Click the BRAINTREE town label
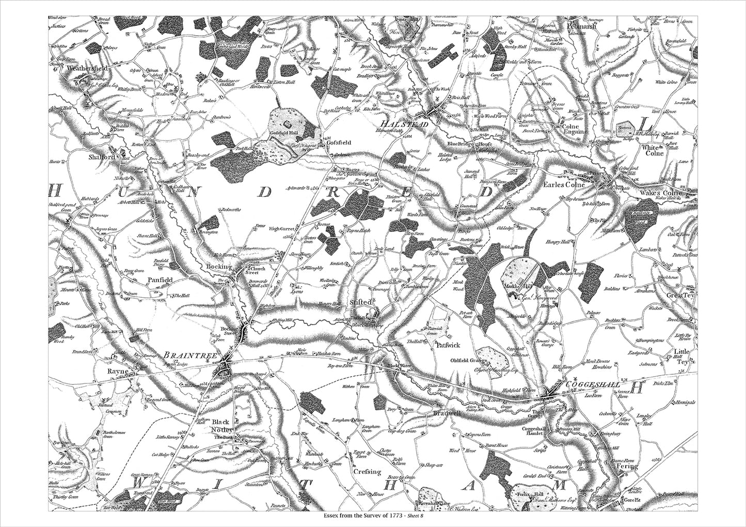pyautogui.click(x=185, y=355)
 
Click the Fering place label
pyautogui.click(x=627, y=467)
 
